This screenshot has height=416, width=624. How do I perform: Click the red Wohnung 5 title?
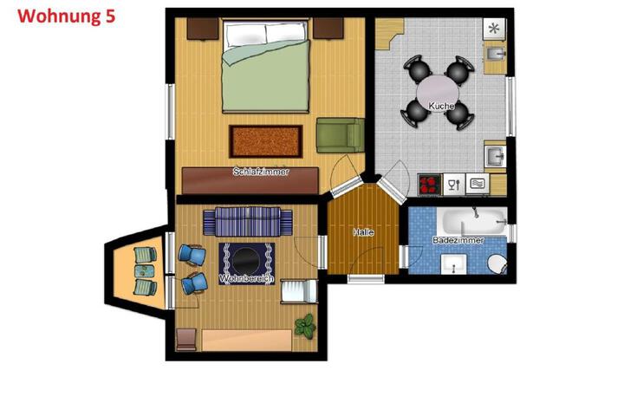coord(67,16)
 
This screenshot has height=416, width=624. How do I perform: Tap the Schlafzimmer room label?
coord(261,172)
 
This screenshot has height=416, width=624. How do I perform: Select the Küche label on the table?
coord(441,106)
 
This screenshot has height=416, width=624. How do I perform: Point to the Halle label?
coord(363,232)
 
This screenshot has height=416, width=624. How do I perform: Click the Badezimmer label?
coord(458,240)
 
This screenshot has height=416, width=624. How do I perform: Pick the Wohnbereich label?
coord(247,279)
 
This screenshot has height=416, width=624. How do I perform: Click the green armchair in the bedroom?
coord(341,135)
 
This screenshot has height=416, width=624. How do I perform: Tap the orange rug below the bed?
coord(266,141)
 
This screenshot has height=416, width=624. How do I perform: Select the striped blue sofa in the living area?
coord(248,221)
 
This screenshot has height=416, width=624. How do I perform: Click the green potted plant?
coord(305,326)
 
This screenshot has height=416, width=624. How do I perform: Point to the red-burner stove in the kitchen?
coord(429,185)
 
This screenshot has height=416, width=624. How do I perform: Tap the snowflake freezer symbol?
coord(494,29)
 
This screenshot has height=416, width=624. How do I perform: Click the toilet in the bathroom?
coord(497,264)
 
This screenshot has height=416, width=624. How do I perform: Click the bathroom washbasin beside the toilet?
coord(453,264)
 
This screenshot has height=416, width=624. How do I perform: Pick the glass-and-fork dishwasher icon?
coord(453,185)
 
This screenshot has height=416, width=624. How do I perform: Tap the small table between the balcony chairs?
coord(144,271)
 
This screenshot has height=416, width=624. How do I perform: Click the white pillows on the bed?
coord(265,34)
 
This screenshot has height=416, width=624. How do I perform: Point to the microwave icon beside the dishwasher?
coord(478,184)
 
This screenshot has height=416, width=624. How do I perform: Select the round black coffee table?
coord(246,261)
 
